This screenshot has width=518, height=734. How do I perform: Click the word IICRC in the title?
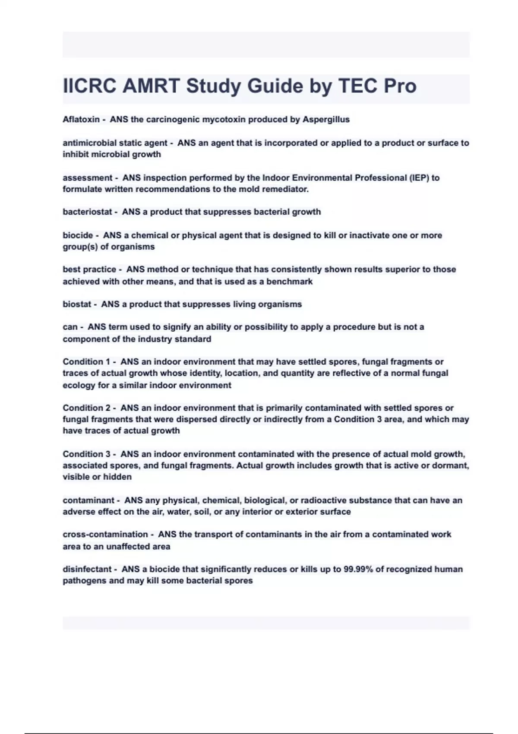click(90, 86)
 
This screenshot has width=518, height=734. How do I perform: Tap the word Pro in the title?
click(400, 86)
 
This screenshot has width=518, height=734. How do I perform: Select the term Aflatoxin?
click(81, 120)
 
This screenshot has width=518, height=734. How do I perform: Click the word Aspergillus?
click(326, 120)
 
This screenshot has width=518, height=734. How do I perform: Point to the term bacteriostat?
click(87, 212)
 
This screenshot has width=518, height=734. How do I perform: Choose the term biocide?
click(78, 235)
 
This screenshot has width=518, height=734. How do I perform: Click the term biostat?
click(77, 304)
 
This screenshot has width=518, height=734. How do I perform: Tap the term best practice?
click(89, 269)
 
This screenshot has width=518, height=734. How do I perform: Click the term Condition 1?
click(86, 362)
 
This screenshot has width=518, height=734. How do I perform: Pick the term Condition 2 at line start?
click(86, 408)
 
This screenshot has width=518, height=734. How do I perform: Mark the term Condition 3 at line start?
click(86, 454)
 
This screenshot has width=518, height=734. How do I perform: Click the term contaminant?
click(88, 500)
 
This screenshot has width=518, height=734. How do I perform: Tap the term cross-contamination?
click(105, 535)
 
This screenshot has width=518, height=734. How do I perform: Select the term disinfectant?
click(87, 569)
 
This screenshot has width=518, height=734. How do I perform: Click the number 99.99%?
click(358, 569)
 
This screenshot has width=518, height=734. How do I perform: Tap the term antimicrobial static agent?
click(115, 143)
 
